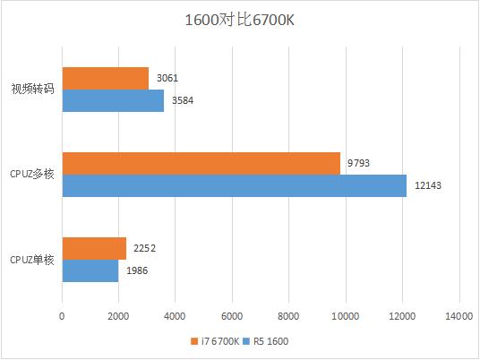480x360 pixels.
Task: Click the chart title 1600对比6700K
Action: click(x=239, y=20)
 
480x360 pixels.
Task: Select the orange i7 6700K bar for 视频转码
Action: click(x=105, y=78)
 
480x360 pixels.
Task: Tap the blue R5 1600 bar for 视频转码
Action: click(x=113, y=100)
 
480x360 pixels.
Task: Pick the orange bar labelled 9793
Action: click(x=201, y=163)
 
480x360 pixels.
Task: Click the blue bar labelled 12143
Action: click(x=234, y=185)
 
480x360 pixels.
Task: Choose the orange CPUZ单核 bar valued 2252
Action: click(x=94, y=248)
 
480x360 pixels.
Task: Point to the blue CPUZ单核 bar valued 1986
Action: click(x=90, y=270)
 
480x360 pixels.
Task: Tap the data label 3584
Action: click(x=182, y=100)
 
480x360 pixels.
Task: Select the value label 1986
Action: click(x=137, y=270)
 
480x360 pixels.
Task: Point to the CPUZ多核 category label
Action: click(x=32, y=174)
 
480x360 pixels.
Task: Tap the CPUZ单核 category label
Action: click(x=32, y=260)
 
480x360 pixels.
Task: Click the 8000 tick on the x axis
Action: click(x=288, y=315)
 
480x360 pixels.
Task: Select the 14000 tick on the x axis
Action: click(x=459, y=315)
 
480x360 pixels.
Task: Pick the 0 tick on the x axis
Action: click(x=62, y=315)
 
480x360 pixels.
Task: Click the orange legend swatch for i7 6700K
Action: click(x=193, y=341)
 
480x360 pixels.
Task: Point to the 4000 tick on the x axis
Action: click(x=175, y=315)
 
